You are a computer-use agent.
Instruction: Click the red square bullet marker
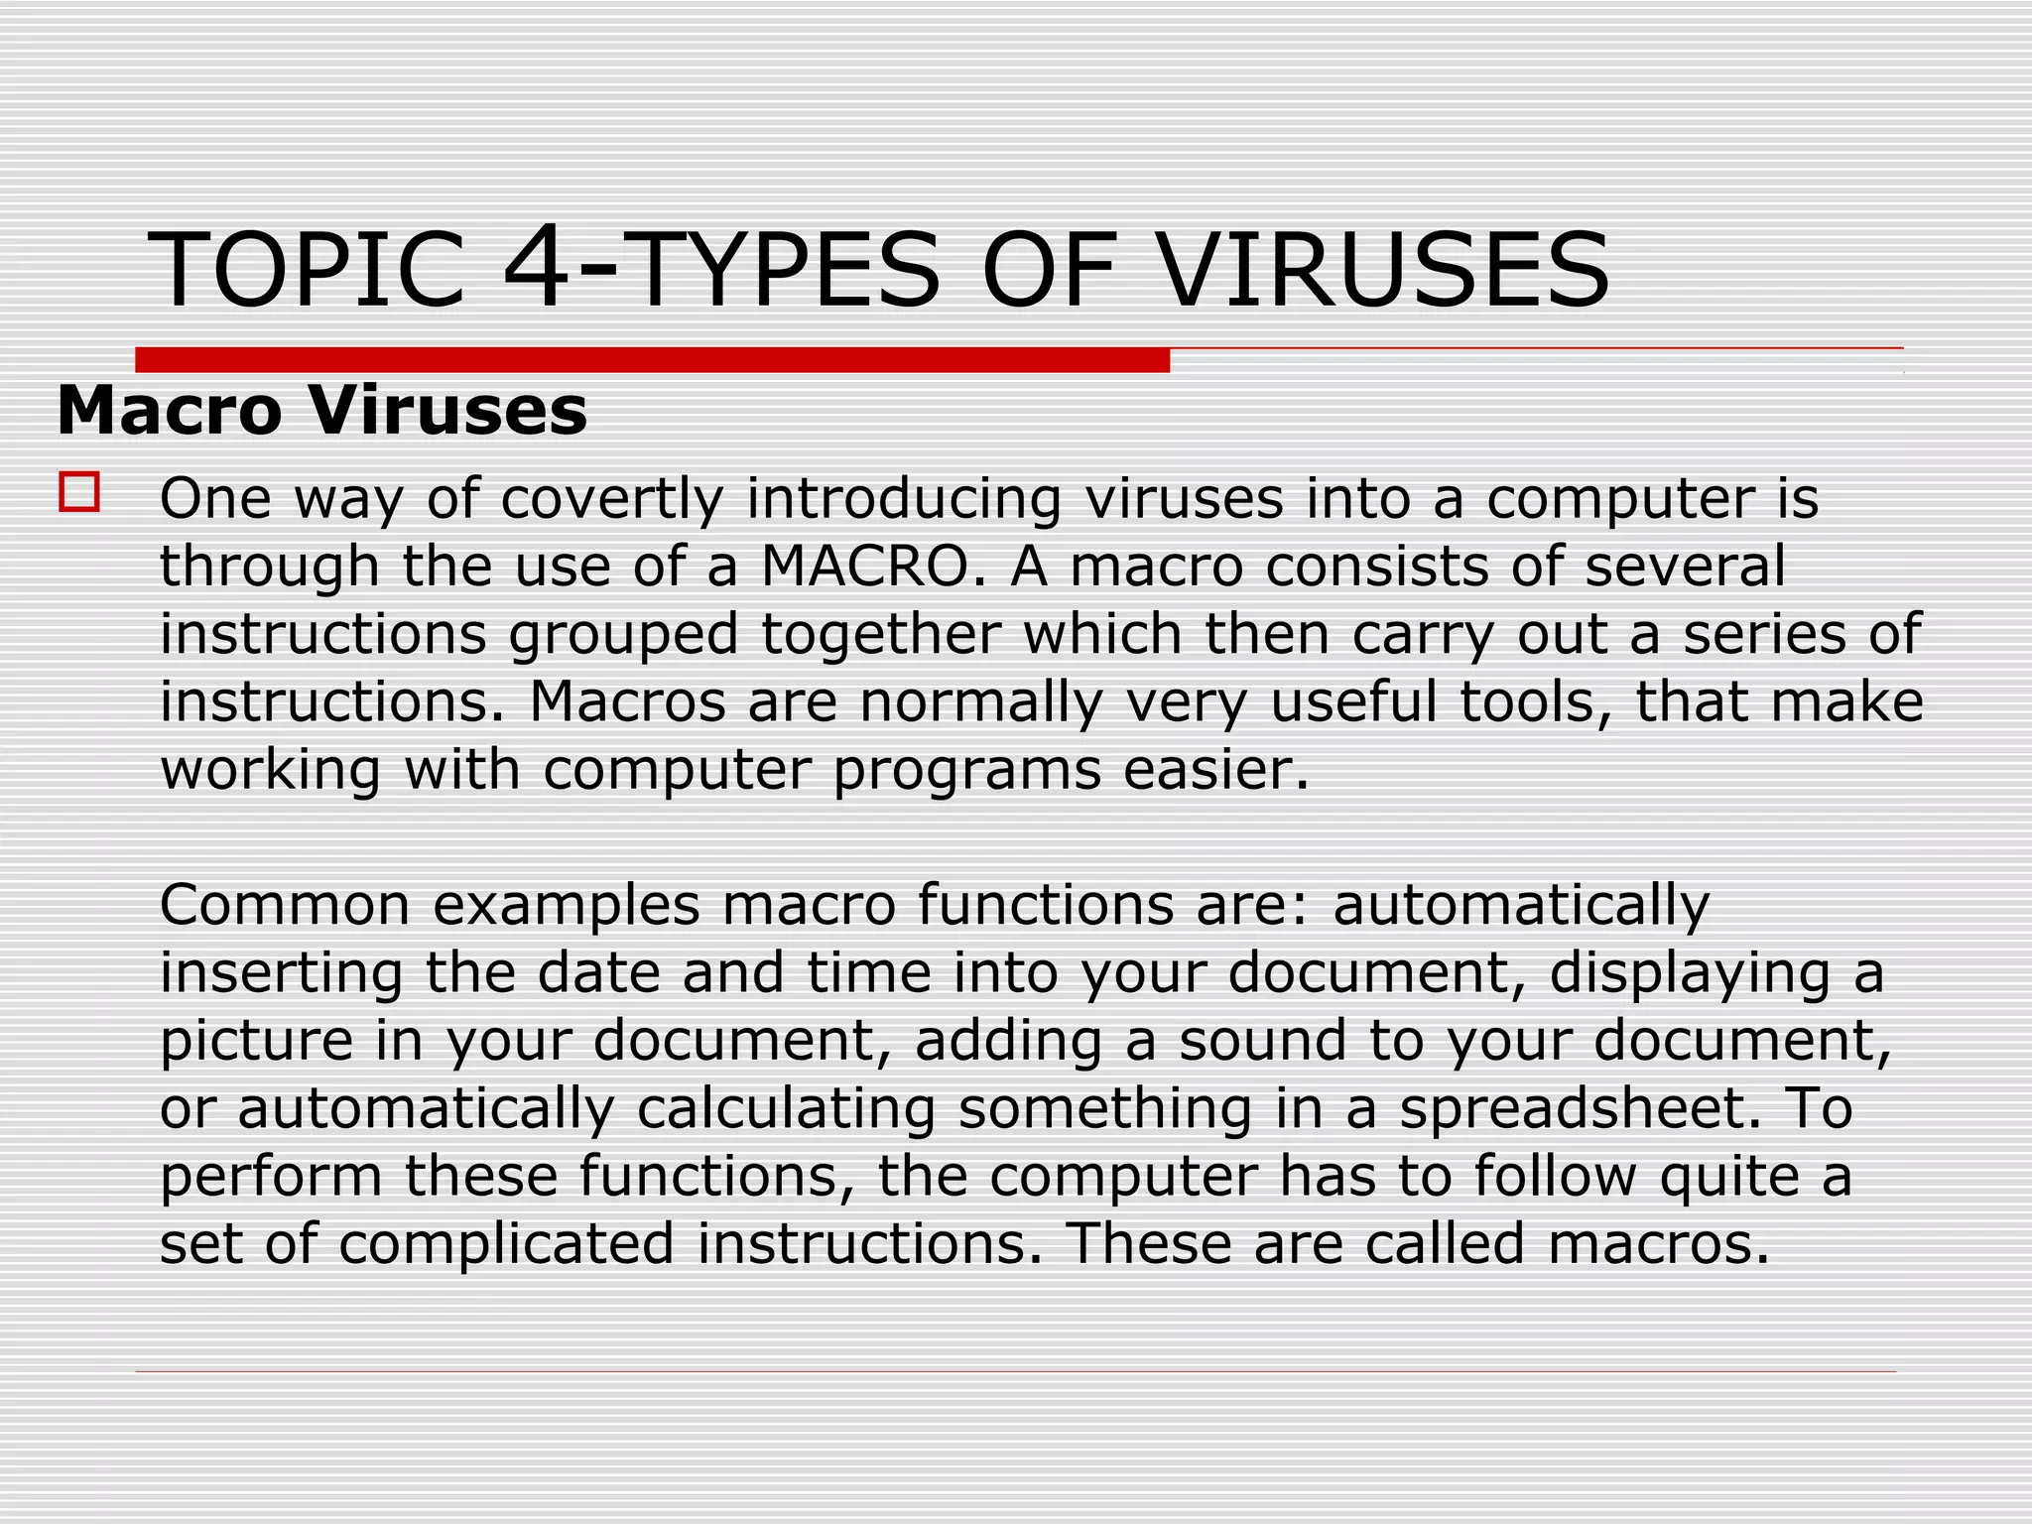click(x=79, y=492)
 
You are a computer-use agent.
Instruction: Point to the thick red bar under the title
click(x=652, y=360)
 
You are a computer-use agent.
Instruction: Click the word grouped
click(x=624, y=635)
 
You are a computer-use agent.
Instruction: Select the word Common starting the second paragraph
click(x=285, y=905)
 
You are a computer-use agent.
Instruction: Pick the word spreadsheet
click(x=1572, y=1109)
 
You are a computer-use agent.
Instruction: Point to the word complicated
click(x=506, y=1243)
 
